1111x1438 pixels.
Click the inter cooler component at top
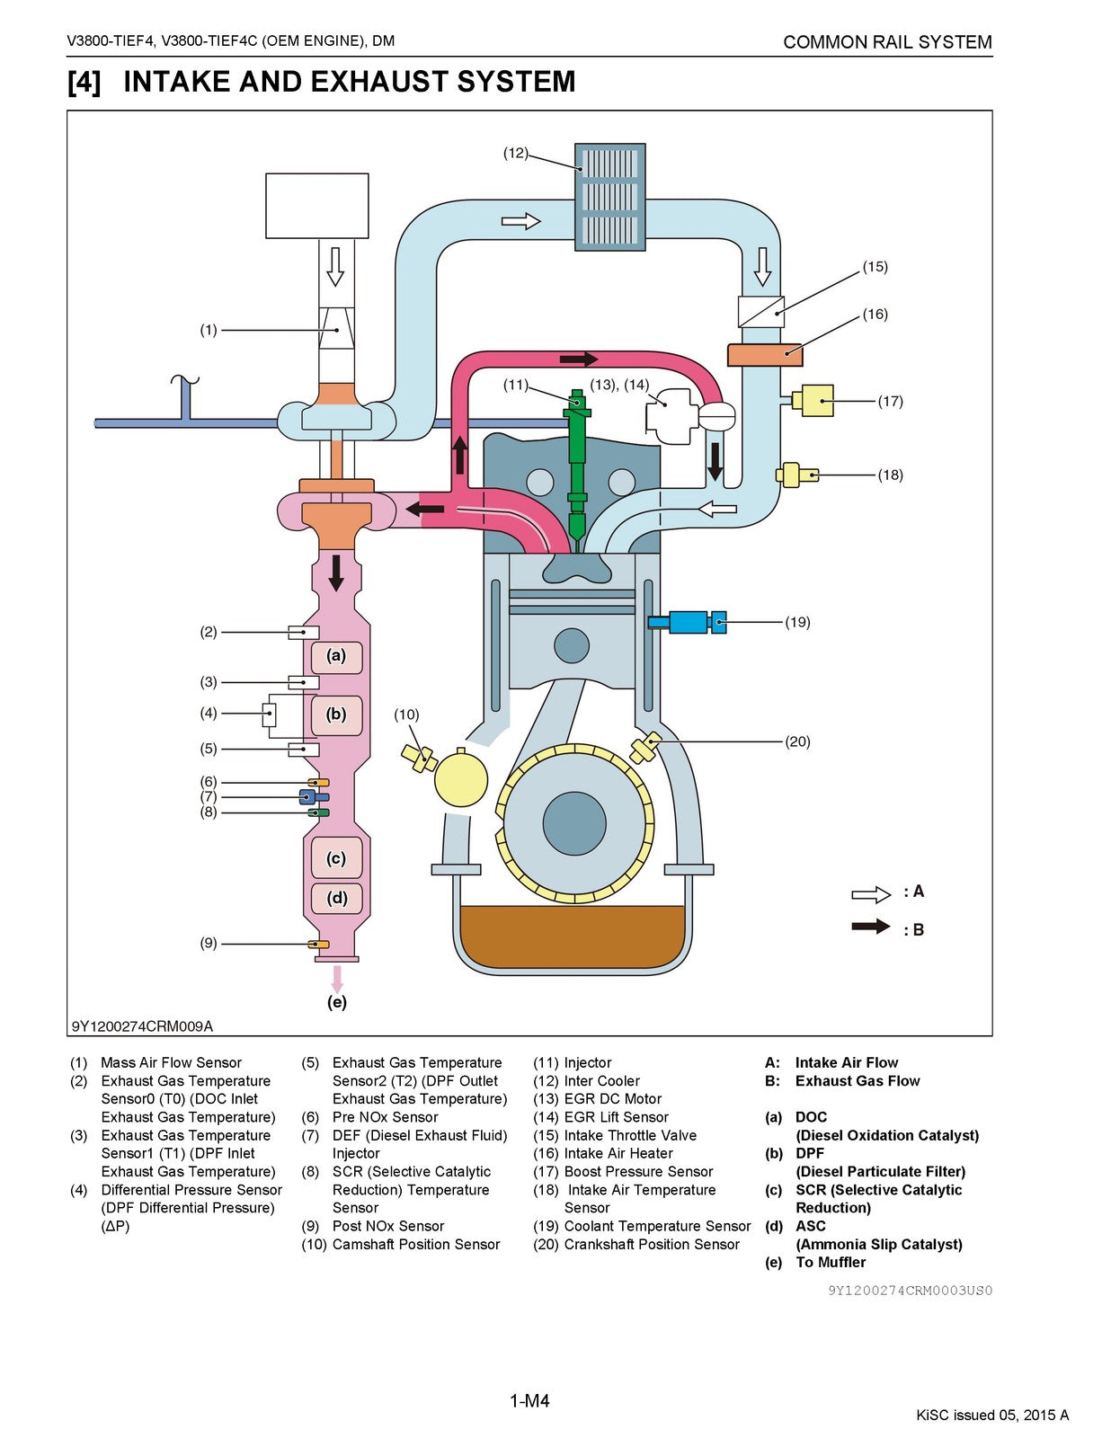(610, 197)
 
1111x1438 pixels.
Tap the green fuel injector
(578, 467)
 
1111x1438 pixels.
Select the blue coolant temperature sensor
(689, 621)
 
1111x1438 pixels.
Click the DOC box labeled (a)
(336, 656)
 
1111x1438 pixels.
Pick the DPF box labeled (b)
(336, 715)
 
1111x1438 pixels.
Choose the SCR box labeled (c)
(336, 858)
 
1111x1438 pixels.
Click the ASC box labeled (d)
(336, 898)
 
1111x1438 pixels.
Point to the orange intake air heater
(763, 354)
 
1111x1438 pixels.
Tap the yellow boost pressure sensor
(815, 400)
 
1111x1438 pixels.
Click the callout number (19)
(797, 622)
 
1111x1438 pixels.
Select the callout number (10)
(406, 715)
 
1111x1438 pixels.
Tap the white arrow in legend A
(870, 894)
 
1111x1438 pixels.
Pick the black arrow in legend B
(870, 927)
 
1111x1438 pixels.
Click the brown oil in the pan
(572, 935)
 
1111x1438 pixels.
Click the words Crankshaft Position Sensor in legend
(652, 1245)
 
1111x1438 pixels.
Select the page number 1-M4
(529, 1401)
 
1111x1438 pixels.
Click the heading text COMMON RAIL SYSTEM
(887, 42)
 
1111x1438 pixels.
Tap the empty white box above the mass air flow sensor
(317, 206)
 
